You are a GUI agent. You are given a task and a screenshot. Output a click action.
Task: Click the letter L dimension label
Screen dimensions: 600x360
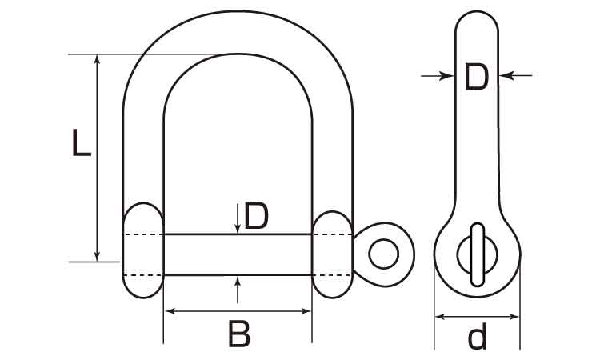tap(82, 142)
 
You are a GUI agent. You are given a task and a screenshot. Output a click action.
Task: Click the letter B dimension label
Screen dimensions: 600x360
tap(239, 334)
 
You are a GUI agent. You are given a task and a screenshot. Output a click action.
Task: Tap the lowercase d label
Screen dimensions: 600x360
tap(477, 336)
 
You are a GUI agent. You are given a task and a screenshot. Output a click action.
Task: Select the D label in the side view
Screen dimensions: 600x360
tap(477, 77)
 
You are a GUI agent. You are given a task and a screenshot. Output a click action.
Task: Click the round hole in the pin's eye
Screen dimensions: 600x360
tap(383, 254)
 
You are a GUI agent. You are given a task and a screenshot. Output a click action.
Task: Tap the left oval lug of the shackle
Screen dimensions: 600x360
tap(142, 250)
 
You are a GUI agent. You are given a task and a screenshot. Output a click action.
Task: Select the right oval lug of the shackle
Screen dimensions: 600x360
tap(332, 254)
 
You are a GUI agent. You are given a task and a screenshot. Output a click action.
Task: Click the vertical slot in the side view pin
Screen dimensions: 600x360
tap(478, 254)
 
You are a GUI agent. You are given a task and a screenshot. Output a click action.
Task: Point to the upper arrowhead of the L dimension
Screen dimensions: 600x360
tap(97, 58)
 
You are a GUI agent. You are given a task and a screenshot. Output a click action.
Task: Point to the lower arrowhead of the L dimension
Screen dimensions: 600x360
tap(97, 257)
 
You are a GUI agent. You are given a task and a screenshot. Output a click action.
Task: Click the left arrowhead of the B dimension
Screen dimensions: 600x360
tap(169, 311)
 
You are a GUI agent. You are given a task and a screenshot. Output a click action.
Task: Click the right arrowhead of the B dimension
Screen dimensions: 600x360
tap(306, 311)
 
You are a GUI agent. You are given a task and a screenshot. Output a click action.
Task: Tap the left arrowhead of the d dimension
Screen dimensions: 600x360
tap(440, 316)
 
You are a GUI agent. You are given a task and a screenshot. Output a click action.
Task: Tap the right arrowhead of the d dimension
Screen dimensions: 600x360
tap(514, 316)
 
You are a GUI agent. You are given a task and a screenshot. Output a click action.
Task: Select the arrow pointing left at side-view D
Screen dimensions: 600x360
tap(516, 76)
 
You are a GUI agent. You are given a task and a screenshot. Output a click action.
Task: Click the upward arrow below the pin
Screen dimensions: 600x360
tap(238, 290)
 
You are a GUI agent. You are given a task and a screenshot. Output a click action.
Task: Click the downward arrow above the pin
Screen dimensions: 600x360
tap(238, 218)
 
